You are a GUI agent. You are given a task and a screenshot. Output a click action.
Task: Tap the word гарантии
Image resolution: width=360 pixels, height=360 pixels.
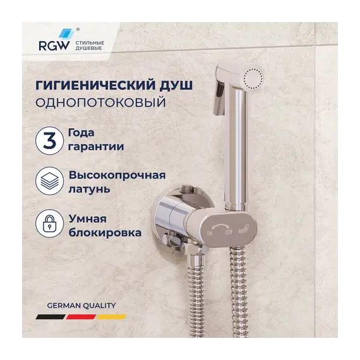click(x=94, y=147)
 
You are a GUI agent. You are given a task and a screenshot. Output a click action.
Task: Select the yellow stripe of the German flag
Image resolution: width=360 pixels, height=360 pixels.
click(x=111, y=316)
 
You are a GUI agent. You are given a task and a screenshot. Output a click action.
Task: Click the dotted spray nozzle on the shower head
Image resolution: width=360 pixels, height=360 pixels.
click(x=253, y=78)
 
